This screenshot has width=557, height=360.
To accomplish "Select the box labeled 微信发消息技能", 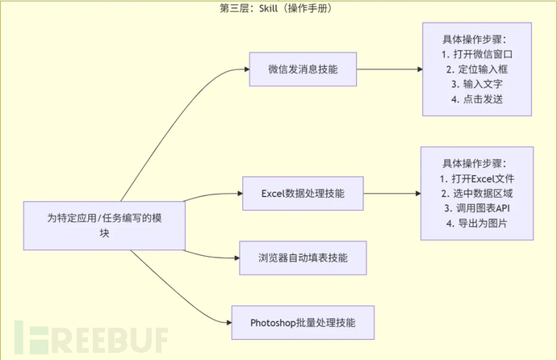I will point(303,70).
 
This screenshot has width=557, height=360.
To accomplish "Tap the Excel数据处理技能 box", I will point(304,194).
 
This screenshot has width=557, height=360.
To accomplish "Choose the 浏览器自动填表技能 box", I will point(303,257).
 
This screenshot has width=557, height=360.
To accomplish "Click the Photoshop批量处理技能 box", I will point(304,322).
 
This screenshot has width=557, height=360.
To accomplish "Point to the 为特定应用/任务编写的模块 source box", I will point(105,224).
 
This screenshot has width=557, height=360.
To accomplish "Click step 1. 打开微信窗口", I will point(478,54).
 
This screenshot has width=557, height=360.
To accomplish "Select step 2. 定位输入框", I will point(478,69).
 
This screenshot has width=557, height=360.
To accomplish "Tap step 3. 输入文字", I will point(478,84).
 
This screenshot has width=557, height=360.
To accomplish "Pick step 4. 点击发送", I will point(478,99).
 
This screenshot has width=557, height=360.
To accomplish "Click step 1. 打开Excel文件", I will point(477,178).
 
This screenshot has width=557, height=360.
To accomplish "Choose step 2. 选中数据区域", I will point(477,193).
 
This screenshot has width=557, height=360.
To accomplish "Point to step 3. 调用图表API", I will point(477,207).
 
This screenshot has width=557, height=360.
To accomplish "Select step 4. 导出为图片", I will point(477,223).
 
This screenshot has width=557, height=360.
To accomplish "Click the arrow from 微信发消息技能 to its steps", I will point(390,70).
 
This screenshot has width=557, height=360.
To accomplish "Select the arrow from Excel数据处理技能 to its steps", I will point(392,194).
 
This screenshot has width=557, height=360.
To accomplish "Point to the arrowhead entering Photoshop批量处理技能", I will point(227,322).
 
